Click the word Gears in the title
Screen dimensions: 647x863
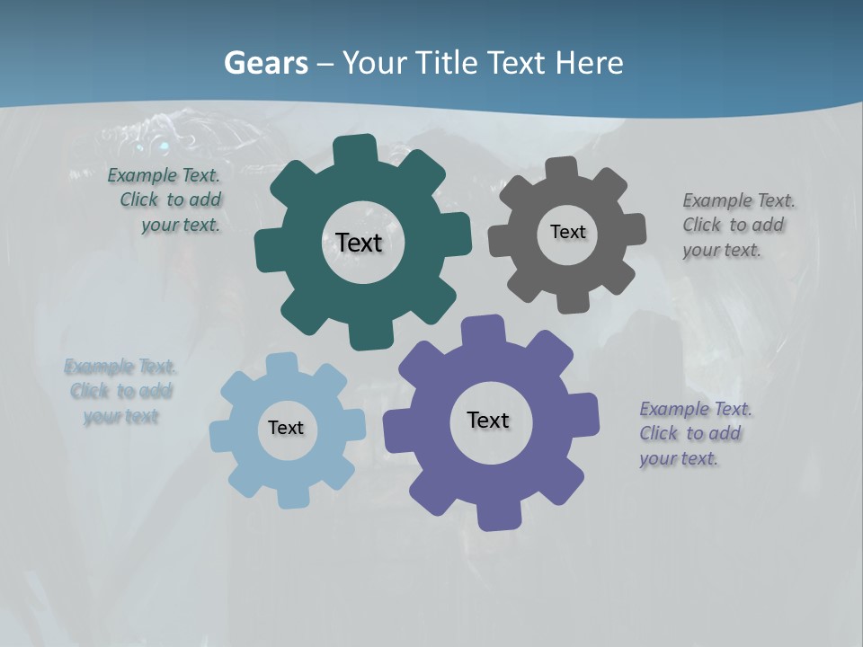pyautogui.click(x=265, y=63)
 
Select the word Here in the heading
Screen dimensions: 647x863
pyautogui.click(x=589, y=63)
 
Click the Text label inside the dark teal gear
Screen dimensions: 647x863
pyautogui.click(x=359, y=243)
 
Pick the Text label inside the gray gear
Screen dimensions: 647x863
pyautogui.click(x=567, y=232)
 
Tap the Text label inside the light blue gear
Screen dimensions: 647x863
pyautogui.click(x=286, y=428)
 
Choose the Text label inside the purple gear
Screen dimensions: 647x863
pyautogui.click(x=488, y=420)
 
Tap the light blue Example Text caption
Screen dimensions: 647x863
pyautogui.click(x=120, y=391)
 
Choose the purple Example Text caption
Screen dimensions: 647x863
pyautogui.click(x=694, y=433)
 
